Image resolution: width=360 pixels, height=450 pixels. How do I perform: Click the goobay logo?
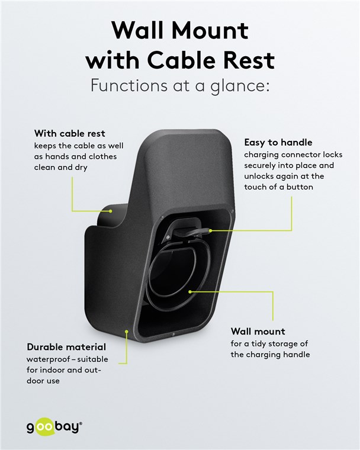pos(54,427)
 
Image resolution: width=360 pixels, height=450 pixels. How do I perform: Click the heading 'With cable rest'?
pos(69,133)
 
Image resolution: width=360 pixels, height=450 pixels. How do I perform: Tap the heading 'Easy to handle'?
pos(278,143)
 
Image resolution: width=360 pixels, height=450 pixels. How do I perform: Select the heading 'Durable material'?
pos(66,347)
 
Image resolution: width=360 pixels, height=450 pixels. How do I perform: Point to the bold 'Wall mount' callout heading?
pos(258,332)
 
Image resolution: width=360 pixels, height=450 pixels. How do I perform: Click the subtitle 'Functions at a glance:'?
pos(180,86)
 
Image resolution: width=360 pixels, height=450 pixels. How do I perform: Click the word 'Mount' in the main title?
pos(210,30)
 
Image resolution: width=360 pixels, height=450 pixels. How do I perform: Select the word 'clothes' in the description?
pos(102,157)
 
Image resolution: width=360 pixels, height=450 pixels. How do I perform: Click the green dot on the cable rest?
pos(110,211)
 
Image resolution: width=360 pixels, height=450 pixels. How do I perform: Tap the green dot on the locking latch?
pos(210,230)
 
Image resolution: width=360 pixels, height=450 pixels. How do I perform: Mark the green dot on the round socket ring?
pos(189,291)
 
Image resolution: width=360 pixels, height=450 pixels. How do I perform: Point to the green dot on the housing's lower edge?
pos(126,331)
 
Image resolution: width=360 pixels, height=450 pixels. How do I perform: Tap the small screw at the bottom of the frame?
pos(173,335)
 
